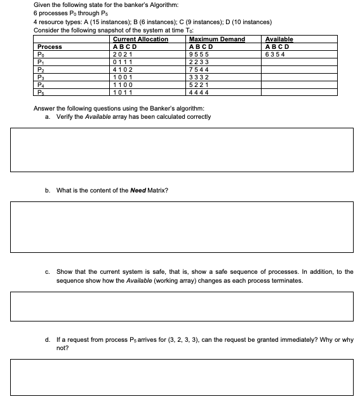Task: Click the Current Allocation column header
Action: (140, 39)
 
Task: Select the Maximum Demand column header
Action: (217, 39)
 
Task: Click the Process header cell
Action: (50, 47)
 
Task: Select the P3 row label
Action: (43, 76)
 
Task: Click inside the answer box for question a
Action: (181, 149)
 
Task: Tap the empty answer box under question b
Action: (181, 226)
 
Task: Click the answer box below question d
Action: (181, 376)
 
